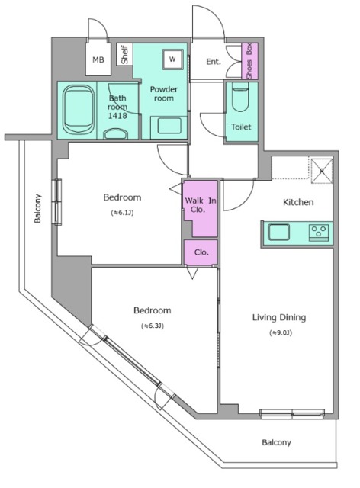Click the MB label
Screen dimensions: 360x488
click(98, 59)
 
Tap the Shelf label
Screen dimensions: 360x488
click(124, 55)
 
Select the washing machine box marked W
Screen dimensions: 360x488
click(172, 59)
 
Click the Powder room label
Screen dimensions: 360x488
click(164, 94)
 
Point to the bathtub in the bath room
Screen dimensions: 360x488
click(79, 111)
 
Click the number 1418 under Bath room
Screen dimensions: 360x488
click(117, 116)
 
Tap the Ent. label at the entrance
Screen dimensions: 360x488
click(214, 62)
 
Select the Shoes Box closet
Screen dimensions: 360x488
click(249, 61)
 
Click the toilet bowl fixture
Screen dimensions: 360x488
click(241, 97)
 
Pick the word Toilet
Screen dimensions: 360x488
click(241, 127)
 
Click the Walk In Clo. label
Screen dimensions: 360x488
click(201, 205)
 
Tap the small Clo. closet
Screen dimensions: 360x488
click(201, 252)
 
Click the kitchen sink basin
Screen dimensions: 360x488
click(278, 232)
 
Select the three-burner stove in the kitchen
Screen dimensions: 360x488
click(319, 233)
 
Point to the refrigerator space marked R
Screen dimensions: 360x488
click(322, 171)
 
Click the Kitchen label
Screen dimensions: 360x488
click(298, 202)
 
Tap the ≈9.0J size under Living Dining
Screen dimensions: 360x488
click(281, 332)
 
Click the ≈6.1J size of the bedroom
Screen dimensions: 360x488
click(122, 213)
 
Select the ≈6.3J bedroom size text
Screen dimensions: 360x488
click(153, 326)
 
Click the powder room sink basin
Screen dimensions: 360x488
click(169, 126)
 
